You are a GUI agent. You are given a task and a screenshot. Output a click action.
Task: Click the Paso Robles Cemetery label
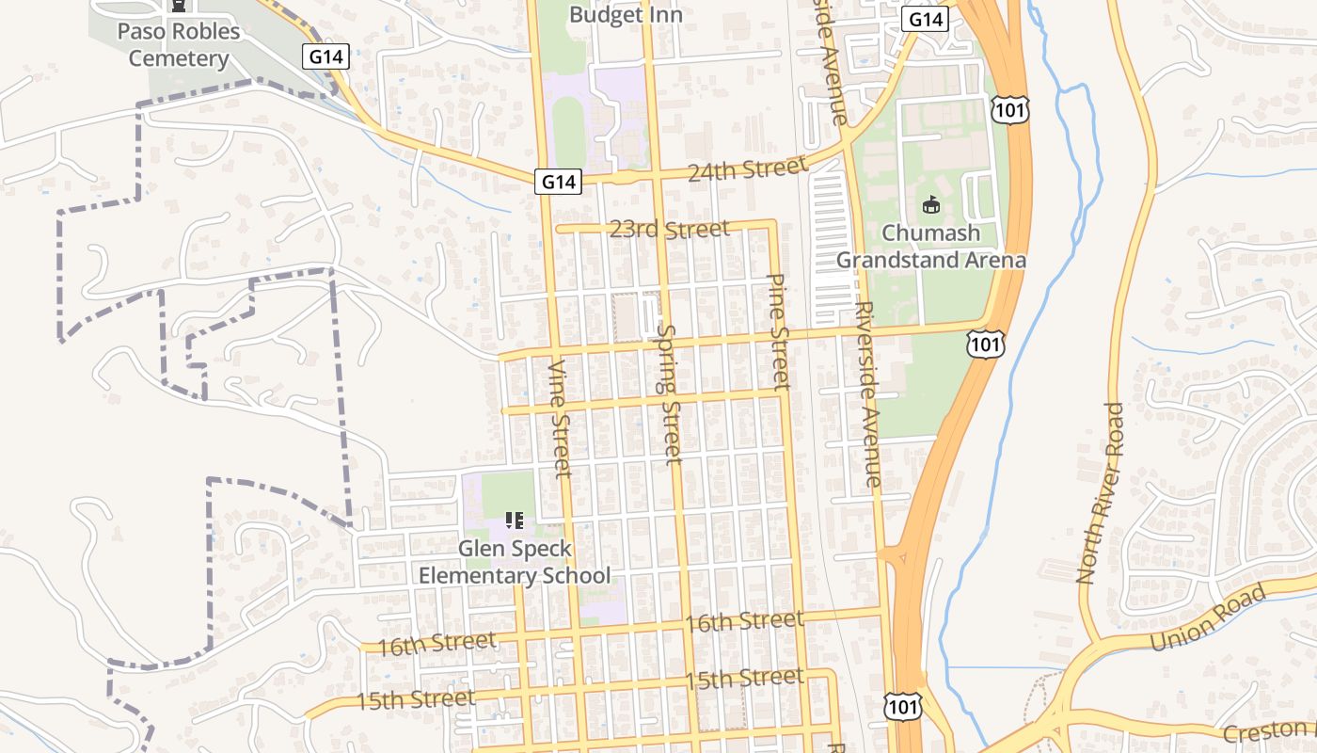coord(179,45)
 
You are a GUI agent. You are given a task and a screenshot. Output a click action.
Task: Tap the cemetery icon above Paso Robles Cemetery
coord(179,6)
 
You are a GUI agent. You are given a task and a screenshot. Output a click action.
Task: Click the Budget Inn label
coord(626,15)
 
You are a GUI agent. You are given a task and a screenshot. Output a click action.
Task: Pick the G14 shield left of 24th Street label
coord(559,181)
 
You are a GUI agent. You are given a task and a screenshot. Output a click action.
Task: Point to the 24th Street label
coord(747,169)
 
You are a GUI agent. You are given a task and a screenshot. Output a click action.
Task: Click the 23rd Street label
coord(669,230)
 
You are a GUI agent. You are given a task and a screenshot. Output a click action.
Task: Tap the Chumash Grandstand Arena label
coord(930,247)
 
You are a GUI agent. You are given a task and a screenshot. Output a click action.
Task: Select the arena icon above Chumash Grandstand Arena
coord(931,204)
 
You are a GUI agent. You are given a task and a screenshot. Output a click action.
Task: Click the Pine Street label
coord(778,331)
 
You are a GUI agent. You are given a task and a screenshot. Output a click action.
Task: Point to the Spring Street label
coord(669,394)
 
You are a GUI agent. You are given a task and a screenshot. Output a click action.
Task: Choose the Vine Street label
coord(559,419)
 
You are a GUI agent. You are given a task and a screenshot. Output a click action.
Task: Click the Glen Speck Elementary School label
coord(515,562)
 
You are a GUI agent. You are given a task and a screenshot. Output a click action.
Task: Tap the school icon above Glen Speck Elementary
coord(515,520)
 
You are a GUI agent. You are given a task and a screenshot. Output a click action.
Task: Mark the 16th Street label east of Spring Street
coord(744,621)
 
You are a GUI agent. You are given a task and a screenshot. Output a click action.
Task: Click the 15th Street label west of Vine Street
coord(415,700)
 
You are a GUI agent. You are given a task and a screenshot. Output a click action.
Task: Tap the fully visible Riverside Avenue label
coord(867,395)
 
